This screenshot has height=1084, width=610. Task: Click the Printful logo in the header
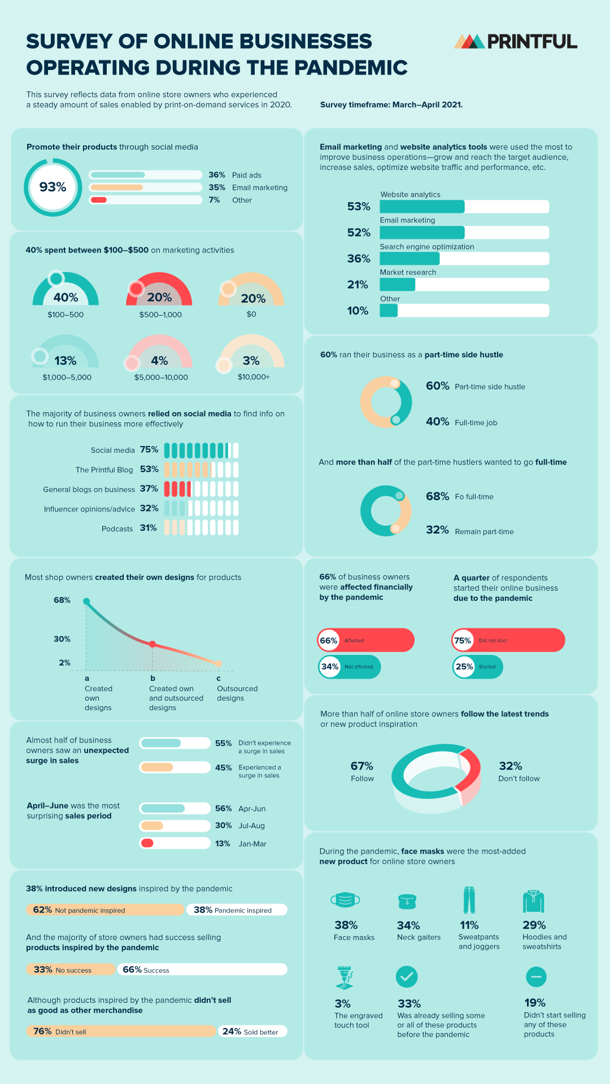pyautogui.click(x=515, y=41)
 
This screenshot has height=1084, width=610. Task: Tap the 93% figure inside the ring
pyautogui.click(x=53, y=187)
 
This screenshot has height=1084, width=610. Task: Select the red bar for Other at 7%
pyautogui.click(x=99, y=200)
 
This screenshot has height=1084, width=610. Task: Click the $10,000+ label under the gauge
pyautogui.click(x=254, y=377)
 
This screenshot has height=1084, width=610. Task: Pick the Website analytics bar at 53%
pyautogui.click(x=422, y=207)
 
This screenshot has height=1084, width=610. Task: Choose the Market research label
pyautogui.click(x=408, y=272)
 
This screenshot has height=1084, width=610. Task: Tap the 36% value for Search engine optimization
pyautogui.click(x=359, y=259)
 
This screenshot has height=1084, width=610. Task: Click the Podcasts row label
pyautogui.click(x=117, y=528)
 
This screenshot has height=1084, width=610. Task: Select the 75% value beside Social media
pyautogui.click(x=149, y=449)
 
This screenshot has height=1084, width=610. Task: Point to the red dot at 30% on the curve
pyautogui.click(x=152, y=644)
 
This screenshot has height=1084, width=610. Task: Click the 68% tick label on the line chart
pyautogui.click(x=62, y=600)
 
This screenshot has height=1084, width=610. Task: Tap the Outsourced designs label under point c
pyautogui.click(x=237, y=693)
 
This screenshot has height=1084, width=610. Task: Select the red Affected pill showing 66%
pyautogui.click(x=366, y=640)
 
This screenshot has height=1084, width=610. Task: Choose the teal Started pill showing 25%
pyautogui.click(x=477, y=667)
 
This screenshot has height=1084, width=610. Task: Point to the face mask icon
pyautogui.click(x=345, y=899)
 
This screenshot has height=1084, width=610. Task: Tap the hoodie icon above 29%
pyautogui.click(x=533, y=902)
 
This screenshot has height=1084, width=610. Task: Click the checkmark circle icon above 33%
pyautogui.click(x=407, y=977)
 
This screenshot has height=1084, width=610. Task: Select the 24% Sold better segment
pyautogui.click(x=252, y=1031)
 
